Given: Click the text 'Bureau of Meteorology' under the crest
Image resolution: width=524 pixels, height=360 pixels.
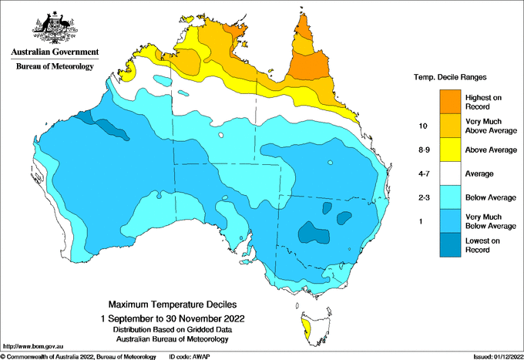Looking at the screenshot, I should tap(54, 66).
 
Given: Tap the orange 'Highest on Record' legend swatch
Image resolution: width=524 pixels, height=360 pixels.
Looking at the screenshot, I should tap(449, 101).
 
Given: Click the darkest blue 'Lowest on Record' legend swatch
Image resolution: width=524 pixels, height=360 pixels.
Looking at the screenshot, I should tap(449, 244).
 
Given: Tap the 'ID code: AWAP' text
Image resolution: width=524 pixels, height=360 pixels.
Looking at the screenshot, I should tap(190, 356).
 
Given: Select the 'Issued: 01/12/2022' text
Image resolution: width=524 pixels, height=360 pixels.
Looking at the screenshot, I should tap(496, 356).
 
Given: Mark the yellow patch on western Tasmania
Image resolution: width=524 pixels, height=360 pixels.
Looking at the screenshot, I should tap(307, 333).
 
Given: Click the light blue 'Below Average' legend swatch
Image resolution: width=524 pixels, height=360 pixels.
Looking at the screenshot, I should tap(449, 197).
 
